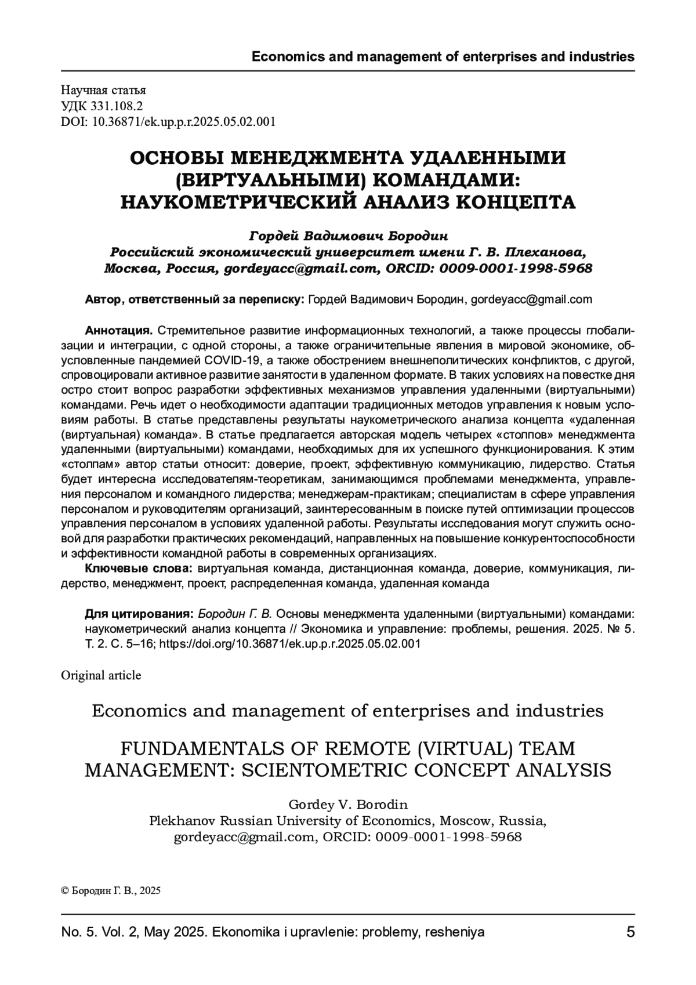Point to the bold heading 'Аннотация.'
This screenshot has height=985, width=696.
click(x=119, y=331)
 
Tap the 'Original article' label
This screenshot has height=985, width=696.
click(x=101, y=675)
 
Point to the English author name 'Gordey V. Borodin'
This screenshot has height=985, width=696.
click(x=348, y=805)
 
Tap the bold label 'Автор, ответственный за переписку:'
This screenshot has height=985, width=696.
click(x=194, y=299)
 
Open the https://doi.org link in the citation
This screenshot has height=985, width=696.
click(x=289, y=644)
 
